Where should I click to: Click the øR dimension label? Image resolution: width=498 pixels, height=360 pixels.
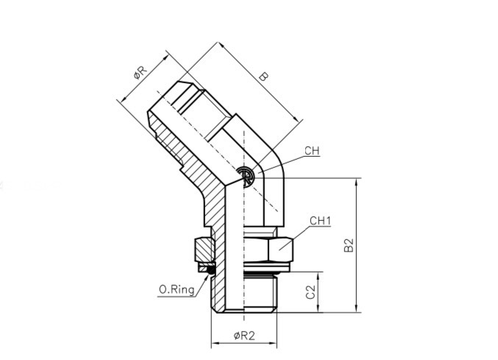(x=140, y=73)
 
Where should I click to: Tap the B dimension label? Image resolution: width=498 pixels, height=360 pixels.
(x=264, y=77)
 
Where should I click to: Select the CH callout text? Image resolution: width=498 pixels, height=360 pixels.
(x=312, y=151)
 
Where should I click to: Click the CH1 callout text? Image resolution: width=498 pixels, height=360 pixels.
(x=320, y=221)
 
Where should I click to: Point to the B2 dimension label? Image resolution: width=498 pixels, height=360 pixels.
(x=349, y=245)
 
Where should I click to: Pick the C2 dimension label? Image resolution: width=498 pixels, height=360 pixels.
(x=310, y=292)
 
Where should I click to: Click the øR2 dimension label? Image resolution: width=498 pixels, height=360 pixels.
(x=244, y=335)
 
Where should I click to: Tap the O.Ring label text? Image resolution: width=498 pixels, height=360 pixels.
(x=177, y=289)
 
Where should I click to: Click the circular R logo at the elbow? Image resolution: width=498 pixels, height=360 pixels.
(x=246, y=175)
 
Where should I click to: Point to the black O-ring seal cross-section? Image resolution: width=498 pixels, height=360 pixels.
(x=210, y=270)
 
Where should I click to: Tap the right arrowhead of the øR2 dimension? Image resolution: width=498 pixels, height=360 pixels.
(x=273, y=343)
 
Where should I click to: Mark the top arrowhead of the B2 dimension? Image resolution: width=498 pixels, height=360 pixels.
(x=358, y=183)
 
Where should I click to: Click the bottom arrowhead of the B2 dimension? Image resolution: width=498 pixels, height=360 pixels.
(x=358, y=308)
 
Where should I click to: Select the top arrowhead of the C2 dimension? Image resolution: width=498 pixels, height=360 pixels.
(x=319, y=276)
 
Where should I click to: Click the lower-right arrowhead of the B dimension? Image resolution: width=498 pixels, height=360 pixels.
(x=296, y=119)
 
